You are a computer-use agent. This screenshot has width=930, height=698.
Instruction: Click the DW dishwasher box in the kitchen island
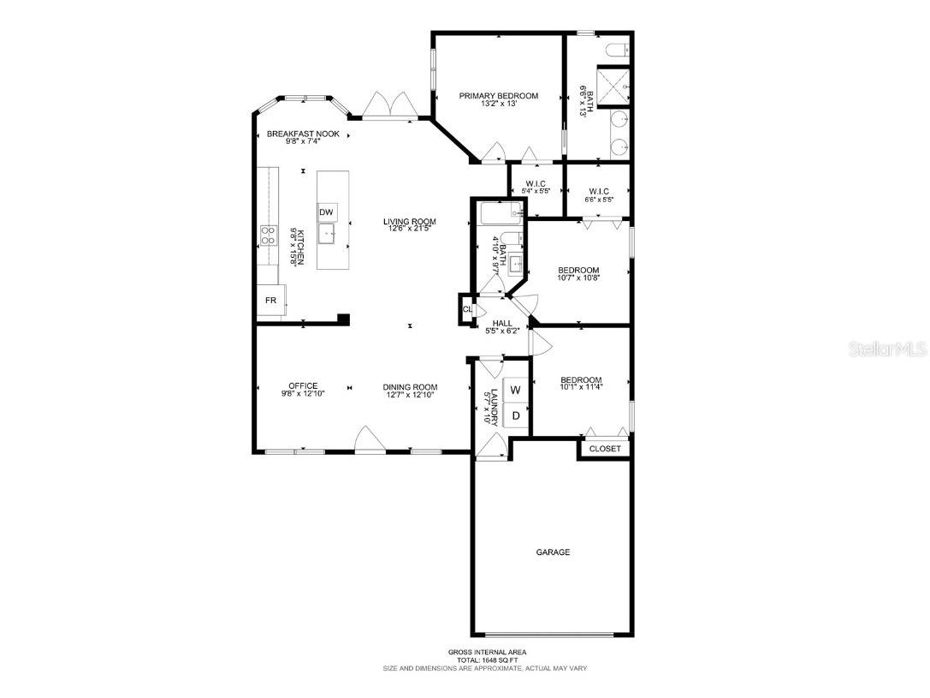click(x=327, y=212)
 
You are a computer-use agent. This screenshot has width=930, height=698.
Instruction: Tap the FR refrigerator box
click(x=271, y=300)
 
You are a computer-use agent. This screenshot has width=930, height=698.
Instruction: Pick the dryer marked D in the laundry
click(x=515, y=416)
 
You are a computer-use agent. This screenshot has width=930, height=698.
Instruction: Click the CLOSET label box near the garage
click(x=606, y=449)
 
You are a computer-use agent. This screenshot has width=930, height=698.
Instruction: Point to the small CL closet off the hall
click(x=467, y=309)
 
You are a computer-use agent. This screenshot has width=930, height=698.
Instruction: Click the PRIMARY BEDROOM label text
click(x=499, y=96)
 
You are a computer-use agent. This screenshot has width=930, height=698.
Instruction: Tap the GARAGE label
click(x=553, y=552)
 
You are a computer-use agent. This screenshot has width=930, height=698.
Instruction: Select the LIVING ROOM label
click(x=409, y=222)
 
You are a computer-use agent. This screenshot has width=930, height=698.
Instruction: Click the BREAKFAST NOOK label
click(x=303, y=134)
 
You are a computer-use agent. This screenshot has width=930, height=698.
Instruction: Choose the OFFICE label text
click(x=303, y=386)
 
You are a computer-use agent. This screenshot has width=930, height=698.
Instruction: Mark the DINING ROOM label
click(x=410, y=386)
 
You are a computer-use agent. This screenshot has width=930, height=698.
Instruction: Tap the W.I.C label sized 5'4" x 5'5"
click(x=536, y=183)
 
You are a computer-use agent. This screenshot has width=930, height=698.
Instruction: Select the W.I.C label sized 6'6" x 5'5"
click(x=598, y=191)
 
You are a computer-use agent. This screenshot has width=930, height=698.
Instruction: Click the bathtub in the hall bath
click(x=499, y=213)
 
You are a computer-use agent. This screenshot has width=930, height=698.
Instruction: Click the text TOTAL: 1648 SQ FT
click(x=484, y=659)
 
